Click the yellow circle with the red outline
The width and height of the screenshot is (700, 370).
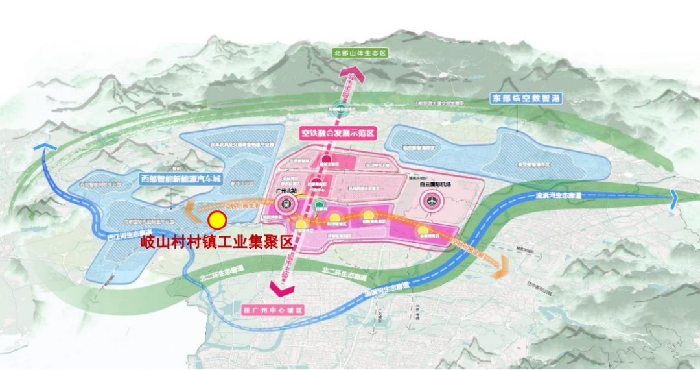(216, 221)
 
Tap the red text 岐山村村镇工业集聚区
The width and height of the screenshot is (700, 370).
(217, 243)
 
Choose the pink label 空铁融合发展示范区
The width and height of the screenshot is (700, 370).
(338, 134)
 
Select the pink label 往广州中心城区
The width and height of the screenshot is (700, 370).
(272, 309)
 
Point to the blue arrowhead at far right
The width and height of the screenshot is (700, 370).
(674, 196)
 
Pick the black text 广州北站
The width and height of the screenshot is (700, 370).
(285, 191)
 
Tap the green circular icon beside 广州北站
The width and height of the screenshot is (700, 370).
(318, 205)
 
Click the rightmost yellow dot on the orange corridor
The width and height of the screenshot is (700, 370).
(423, 230)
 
